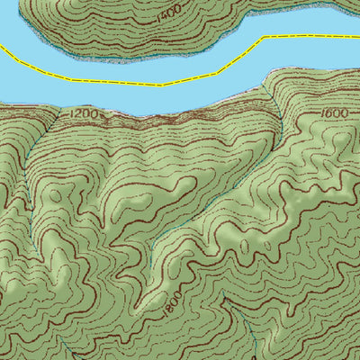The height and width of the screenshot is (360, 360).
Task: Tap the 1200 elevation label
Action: [84, 114]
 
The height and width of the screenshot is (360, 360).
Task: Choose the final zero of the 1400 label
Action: [177, 9]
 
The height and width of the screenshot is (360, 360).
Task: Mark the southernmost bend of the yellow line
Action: [162, 85]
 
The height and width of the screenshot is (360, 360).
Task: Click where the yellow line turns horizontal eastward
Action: [265, 39]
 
